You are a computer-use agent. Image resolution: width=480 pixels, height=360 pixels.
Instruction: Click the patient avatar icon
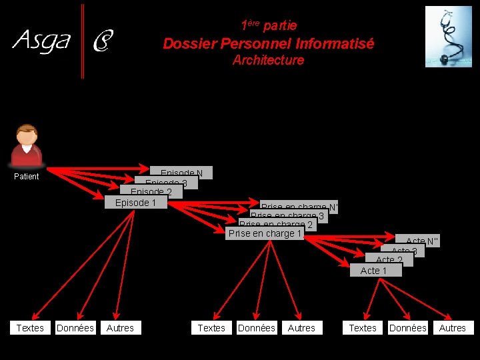point(27,145)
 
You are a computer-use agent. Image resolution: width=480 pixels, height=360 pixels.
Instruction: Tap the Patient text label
point(27,177)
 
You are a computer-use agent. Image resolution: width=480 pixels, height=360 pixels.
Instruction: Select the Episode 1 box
point(135,203)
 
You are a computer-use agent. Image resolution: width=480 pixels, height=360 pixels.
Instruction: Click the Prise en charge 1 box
point(265,233)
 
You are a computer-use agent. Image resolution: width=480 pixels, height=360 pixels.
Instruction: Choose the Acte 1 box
point(375,270)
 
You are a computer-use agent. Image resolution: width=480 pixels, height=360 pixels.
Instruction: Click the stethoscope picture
point(448,37)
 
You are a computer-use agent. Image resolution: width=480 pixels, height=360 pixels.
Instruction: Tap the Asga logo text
point(41,41)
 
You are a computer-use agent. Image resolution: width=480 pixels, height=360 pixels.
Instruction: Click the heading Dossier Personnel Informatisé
point(269,44)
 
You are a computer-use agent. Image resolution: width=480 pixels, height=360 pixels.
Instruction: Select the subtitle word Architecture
point(268,60)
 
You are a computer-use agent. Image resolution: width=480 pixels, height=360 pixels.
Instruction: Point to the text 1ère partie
point(269,25)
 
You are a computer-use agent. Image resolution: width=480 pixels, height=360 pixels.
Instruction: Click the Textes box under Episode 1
point(30,327)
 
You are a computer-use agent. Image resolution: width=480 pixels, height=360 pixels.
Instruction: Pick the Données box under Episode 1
point(75,327)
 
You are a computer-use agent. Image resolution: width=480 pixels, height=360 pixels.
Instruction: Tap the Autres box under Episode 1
point(120,327)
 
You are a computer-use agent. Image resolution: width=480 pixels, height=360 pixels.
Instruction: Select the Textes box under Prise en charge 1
point(211,327)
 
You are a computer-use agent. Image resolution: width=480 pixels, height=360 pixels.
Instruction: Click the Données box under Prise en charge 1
point(257,327)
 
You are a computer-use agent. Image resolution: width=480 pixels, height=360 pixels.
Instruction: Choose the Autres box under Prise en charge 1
point(301,327)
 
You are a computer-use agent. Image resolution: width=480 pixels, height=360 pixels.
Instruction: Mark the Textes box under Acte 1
point(363,327)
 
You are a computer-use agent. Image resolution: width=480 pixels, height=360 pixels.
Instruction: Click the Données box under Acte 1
point(408,327)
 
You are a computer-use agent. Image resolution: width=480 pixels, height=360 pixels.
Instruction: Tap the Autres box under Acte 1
point(453,327)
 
